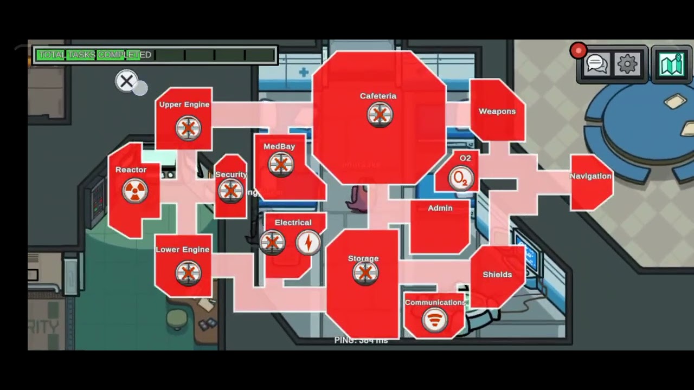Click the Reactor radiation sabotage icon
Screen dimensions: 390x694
[x=134, y=191]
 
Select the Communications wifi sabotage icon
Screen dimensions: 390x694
[x=434, y=321]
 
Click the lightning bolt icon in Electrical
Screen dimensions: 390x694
[x=308, y=243]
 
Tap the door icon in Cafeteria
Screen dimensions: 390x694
[x=380, y=115]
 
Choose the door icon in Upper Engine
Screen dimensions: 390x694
[x=188, y=128]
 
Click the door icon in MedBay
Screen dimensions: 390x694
[x=281, y=165]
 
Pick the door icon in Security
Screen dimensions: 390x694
[x=230, y=191]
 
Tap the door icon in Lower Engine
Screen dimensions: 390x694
[x=188, y=273]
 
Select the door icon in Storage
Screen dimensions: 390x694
[x=365, y=274]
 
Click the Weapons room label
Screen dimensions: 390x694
[x=497, y=112]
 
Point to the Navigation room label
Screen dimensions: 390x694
[x=590, y=176]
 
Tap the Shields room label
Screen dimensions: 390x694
[x=497, y=275]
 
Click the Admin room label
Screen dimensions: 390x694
[x=440, y=208]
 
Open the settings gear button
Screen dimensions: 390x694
[x=627, y=64]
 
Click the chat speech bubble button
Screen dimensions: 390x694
[x=597, y=64]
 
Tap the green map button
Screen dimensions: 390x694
[x=672, y=64]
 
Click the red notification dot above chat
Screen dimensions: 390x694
[x=578, y=51]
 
